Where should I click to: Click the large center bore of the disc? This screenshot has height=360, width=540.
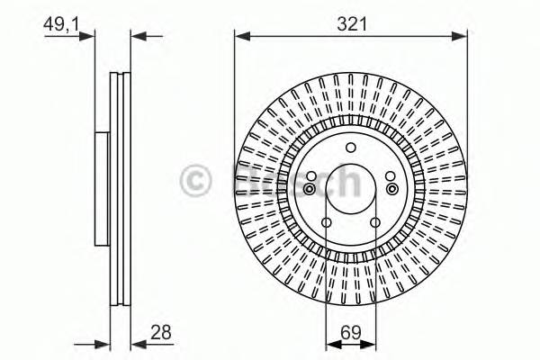tap(351, 188)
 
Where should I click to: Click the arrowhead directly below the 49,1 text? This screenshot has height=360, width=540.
tap(88, 36)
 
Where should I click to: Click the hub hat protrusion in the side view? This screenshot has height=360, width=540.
tap(101, 188)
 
